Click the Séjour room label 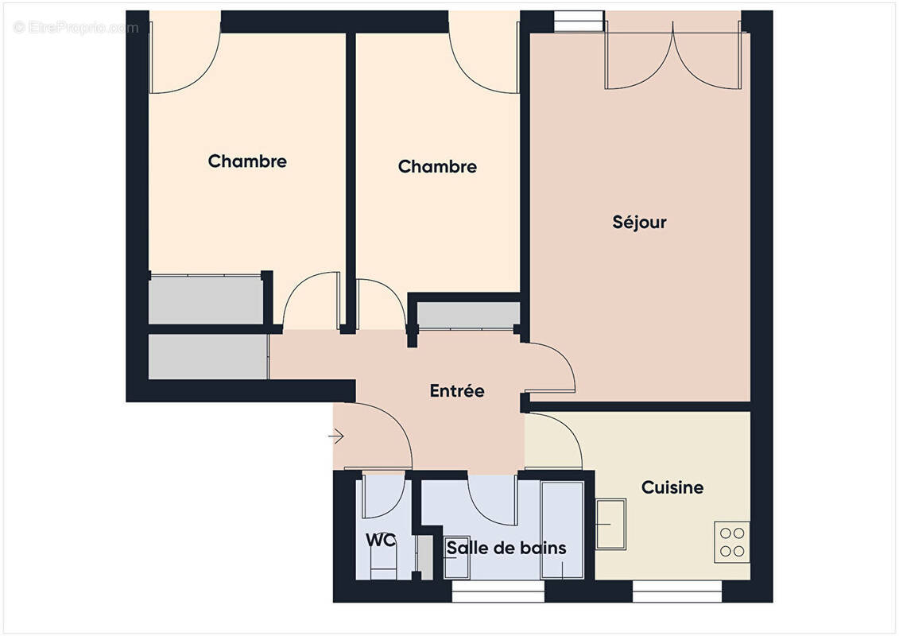point(639,222)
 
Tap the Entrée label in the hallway point(457,391)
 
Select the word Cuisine point(672,487)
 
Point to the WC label point(381,541)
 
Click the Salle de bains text point(506,548)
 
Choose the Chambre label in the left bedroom point(247,161)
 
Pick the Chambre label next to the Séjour point(437,167)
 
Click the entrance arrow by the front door point(336,436)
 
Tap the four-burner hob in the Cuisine point(731,541)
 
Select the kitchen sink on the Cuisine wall point(610,522)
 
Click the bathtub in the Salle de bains point(562,529)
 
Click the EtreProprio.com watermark point(76,28)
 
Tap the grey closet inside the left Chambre point(206,299)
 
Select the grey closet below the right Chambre point(467,316)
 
